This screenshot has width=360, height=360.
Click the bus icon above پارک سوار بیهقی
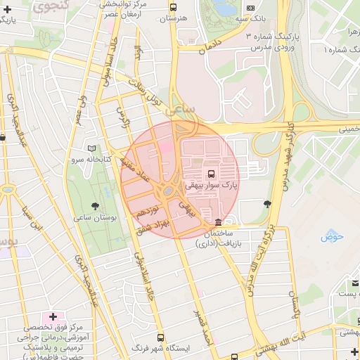pyautogui.click(x=211, y=174)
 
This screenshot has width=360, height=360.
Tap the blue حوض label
pyautogui.click(x=330, y=237)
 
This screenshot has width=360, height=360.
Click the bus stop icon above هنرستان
pyautogui.click(x=174, y=6)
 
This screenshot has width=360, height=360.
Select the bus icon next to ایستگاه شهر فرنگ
pyautogui.click(x=161, y=337)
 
